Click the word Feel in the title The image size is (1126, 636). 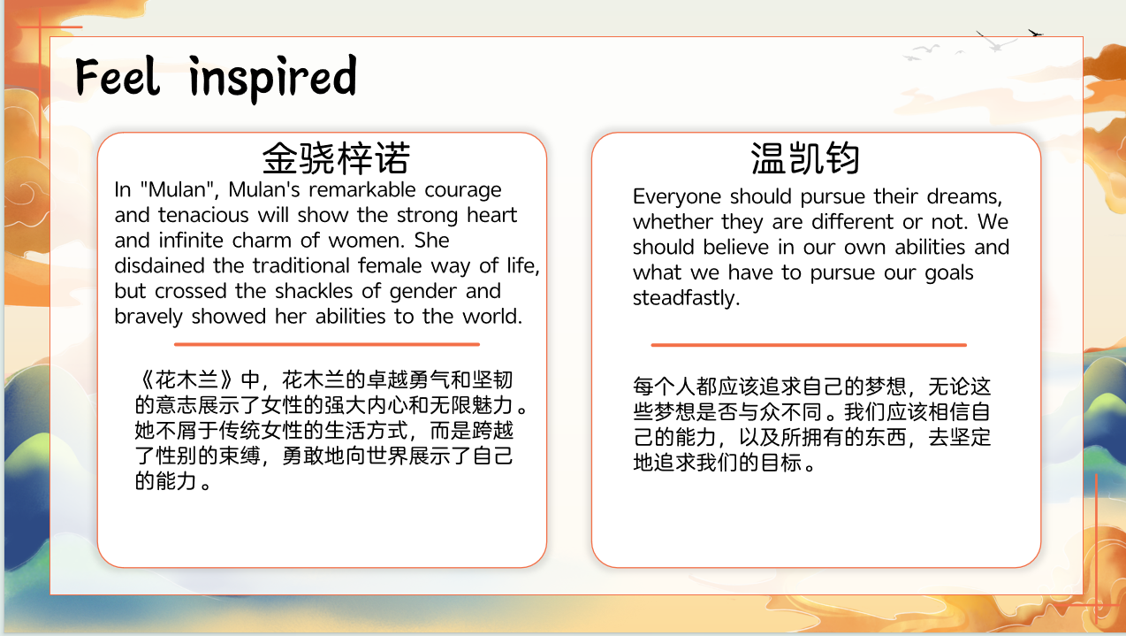pyautogui.click(x=118, y=76)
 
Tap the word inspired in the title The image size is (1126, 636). pyautogui.click(x=273, y=79)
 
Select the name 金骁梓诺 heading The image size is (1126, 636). pyautogui.click(x=336, y=158)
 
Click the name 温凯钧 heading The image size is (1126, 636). pyautogui.click(x=805, y=158)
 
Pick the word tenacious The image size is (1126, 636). pyautogui.click(x=203, y=215)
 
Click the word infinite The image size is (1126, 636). pyautogui.click(x=191, y=240)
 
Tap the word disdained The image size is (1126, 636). pyautogui.click(x=159, y=265)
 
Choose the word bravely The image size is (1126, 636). pyautogui.click(x=148, y=317)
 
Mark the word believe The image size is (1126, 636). pyautogui.click(x=736, y=247)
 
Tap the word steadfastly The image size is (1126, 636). pyautogui.click(x=686, y=298)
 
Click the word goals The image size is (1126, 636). pyautogui.click(x=949, y=273)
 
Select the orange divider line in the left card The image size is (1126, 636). pyautogui.click(x=327, y=345)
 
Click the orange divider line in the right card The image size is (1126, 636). pyautogui.click(x=809, y=345)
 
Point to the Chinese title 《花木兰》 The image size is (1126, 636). pyautogui.click(x=186, y=379)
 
